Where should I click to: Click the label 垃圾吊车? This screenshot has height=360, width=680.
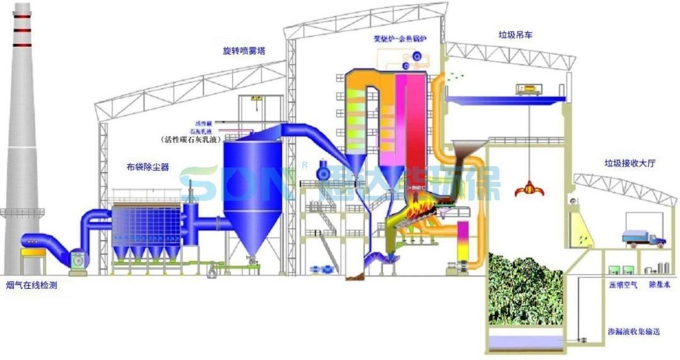[514, 36]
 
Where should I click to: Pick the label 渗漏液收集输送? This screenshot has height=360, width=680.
[633, 332]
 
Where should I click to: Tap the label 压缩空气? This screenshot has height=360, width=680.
[622, 285]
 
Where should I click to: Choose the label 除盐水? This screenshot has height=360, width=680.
[660, 285]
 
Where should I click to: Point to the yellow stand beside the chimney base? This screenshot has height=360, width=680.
[33, 260]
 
